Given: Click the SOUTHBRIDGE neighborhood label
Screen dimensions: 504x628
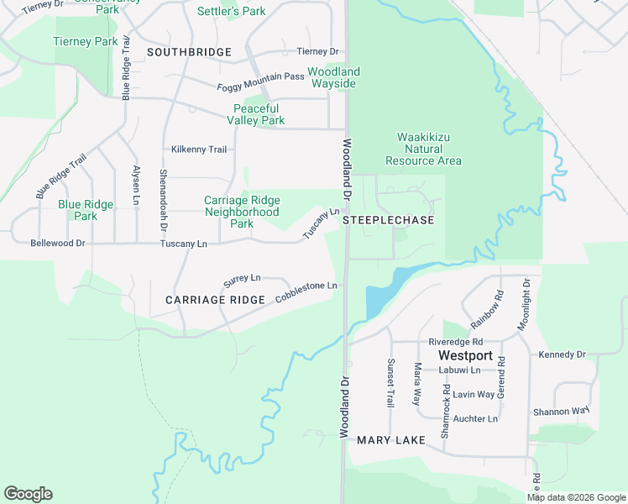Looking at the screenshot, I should [189, 52].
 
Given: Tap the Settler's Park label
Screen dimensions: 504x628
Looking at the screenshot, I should [231, 12].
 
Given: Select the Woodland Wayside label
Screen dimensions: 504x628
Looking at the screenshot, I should [333, 77].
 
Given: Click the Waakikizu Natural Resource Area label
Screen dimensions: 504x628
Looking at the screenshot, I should [423, 149].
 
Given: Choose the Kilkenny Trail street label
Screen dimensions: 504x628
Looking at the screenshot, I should [199, 150].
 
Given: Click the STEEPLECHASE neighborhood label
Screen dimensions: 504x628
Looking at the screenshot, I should [389, 220].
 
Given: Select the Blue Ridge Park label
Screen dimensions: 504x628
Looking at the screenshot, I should [85, 210].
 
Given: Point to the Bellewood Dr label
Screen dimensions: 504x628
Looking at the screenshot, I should [58, 243].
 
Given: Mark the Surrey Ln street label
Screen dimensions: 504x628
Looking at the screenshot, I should [242, 278].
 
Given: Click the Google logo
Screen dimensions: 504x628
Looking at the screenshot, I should [28, 494].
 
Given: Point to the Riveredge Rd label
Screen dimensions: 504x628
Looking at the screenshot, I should [455, 342].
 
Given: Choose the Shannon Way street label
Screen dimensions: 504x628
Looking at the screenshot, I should [561, 412].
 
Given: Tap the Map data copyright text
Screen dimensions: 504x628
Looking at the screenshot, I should [576, 497].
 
